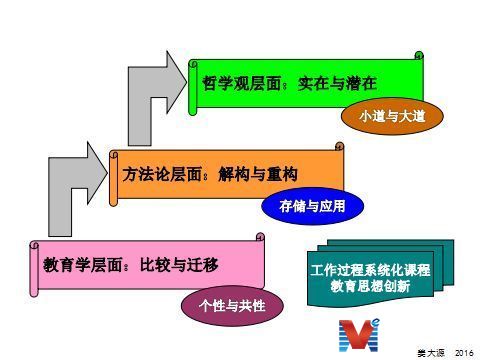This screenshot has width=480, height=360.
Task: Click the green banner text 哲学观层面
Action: click(x=241, y=83)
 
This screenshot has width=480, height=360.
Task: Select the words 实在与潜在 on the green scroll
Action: click(x=337, y=83)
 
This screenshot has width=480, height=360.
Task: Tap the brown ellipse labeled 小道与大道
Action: click(x=392, y=116)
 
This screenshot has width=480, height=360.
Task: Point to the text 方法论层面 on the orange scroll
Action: click(x=162, y=174)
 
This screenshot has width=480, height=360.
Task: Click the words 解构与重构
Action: click(x=258, y=174)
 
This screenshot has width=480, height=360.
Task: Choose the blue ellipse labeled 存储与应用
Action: click(x=312, y=206)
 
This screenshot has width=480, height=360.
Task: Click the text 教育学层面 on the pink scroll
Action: click(x=82, y=265)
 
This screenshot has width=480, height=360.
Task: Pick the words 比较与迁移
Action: click(x=179, y=265)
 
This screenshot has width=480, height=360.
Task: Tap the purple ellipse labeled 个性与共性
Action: click(x=232, y=306)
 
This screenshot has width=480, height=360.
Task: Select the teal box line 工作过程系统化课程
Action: click(x=370, y=270)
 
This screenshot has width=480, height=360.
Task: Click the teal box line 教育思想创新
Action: click(x=370, y=286)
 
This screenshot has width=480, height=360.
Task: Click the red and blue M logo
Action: click(x=359, y=335)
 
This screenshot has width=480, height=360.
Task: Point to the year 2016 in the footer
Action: click(x=464, y=353)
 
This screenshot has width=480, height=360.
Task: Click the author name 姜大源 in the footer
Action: click(x=431, y=353)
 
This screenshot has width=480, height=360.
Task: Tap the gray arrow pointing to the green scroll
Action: click(x=157, y=98)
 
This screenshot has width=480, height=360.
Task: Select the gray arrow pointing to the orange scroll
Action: click(x=78, y=189)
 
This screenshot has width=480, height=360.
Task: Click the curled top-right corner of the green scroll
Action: click(x=419, y=56)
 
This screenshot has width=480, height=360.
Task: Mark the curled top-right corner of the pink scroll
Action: click(x=260, y=237)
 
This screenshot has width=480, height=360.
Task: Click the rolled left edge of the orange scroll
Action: click(x=114, y=178)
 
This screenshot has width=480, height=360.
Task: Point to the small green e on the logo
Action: click(x=376, y=322)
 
